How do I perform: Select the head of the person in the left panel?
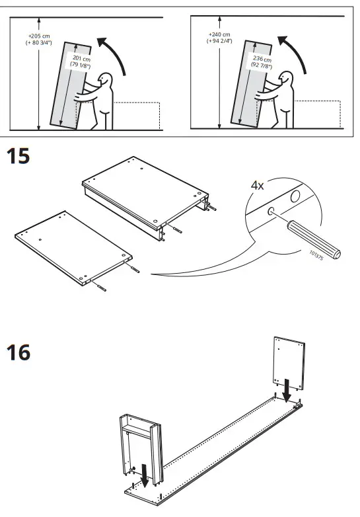105,81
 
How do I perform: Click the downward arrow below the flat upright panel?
287,390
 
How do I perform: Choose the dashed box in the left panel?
137,115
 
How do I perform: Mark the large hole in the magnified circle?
295,196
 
